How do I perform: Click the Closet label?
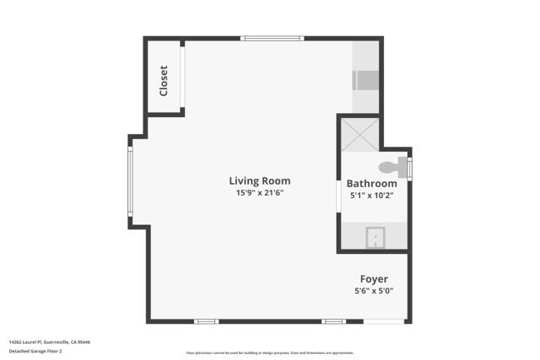[164, 80]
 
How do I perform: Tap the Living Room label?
[260, 180]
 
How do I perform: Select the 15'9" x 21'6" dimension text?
[260, 193]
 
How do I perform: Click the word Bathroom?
[371, 184]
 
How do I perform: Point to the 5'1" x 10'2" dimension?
[371, 196]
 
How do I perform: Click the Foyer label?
[374, 279]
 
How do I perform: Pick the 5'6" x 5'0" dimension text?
[374, 291]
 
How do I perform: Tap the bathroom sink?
[375, 239]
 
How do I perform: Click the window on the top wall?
[272, 38]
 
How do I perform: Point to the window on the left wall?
[130, 181]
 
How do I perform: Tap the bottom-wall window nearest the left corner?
[206, 321]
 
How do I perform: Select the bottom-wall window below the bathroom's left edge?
[333, 321]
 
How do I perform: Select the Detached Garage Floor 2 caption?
[39, 352]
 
